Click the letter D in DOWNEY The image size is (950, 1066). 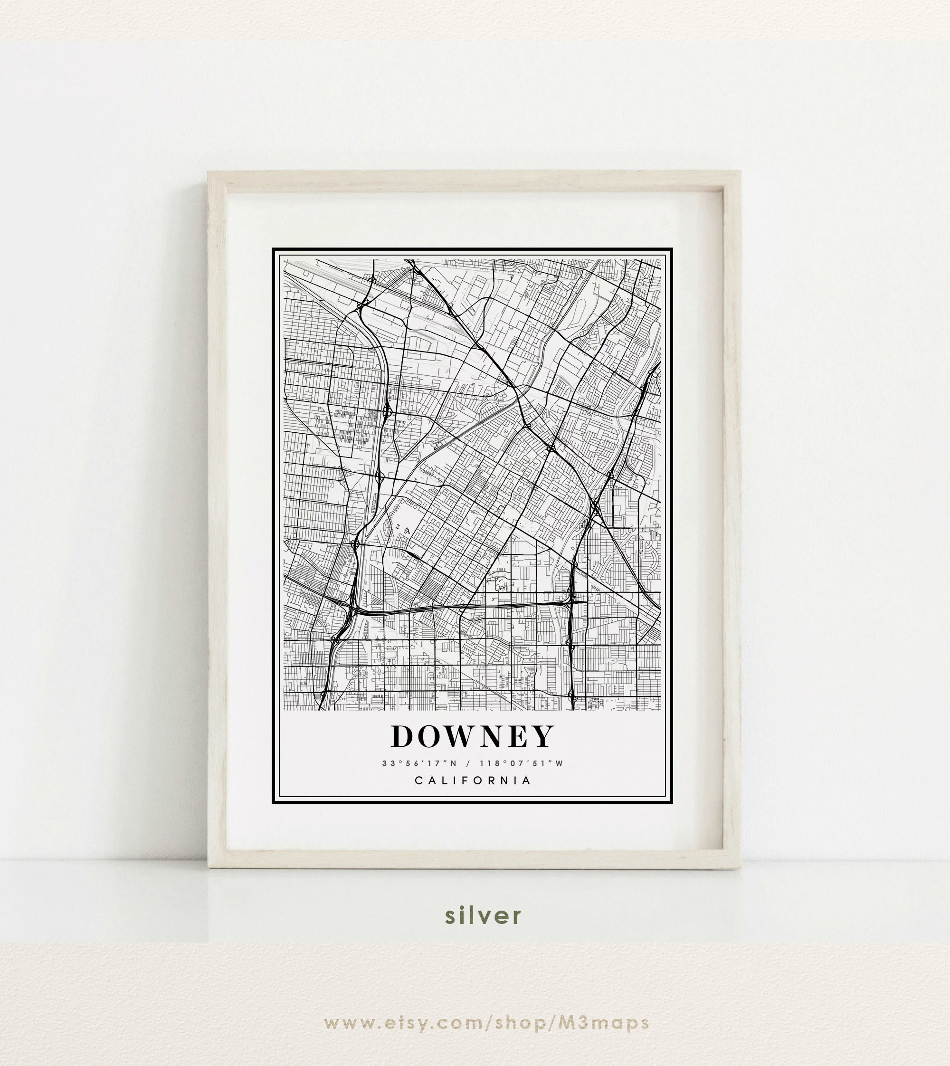402,737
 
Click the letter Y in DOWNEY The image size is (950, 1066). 544,737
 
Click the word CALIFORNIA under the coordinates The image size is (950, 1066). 473,780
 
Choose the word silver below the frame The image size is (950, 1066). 483,915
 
